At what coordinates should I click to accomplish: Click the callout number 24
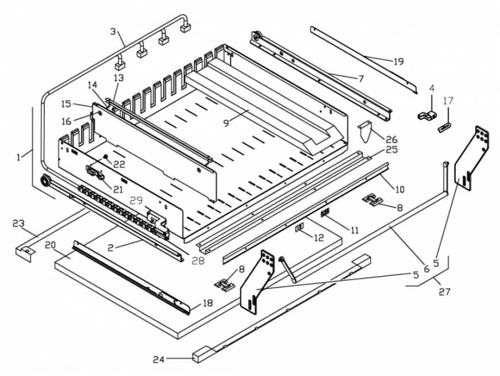(x=159, y=359)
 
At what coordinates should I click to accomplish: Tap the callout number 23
(x=18, y=224)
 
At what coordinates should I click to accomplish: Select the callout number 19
(x=398, y=62)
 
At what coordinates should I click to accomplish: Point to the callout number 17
(x=448, y=101)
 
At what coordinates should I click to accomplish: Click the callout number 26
(x=391, y=139)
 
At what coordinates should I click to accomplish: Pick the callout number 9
(x=226, y=123)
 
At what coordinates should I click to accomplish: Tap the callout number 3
(x=113, y=32)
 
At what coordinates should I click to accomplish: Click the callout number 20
(x=51, y=245)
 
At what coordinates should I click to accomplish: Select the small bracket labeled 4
(x=427, y=115)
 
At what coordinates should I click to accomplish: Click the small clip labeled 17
(x=444, y=129)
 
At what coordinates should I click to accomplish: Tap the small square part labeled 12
(x=299, y=228)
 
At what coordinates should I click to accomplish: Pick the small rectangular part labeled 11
(x=325, y=212)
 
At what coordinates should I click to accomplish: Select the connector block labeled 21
(x=95, y=172)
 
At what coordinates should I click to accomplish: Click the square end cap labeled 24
(x=199, y=357)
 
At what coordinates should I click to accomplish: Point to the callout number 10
(x=399, y=189)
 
